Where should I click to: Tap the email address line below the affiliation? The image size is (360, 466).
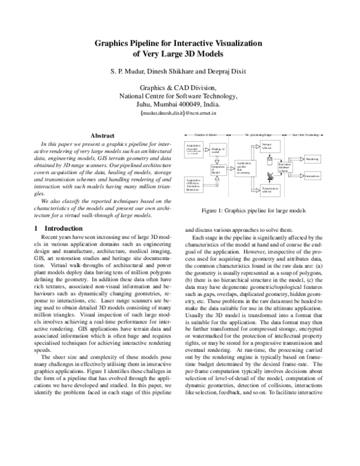click(179, 112)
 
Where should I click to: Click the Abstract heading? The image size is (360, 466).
click(101, 135)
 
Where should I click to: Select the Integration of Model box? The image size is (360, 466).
click(218, 169)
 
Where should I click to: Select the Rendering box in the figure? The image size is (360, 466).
click(313, 159)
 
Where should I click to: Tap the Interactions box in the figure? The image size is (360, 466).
click(313, 175)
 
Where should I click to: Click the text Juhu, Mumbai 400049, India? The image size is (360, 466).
click(179, 103)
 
